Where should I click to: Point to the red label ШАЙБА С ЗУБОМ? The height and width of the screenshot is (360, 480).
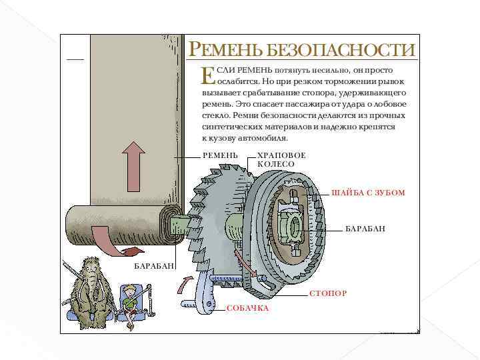point(368,193)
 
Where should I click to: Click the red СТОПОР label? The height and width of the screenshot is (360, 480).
point(327,293)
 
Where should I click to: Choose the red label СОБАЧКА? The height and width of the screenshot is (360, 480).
point(247,309)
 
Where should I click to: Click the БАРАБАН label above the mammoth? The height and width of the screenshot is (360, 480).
point(154,266)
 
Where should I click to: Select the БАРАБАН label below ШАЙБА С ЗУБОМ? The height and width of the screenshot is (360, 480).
point(365,229)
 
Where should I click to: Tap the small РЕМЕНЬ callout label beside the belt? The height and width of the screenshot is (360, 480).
point(220,155)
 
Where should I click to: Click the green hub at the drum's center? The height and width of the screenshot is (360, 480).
point(293,227)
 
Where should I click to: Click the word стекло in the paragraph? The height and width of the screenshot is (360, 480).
point(213,115)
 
